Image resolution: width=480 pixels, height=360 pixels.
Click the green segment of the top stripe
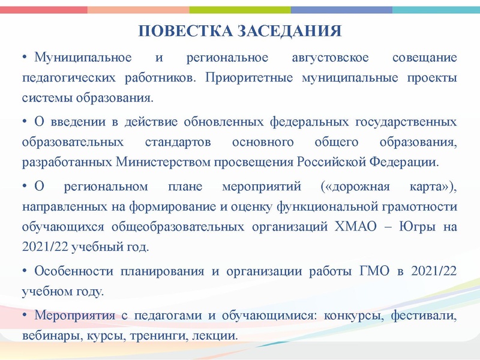[240, 10]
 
